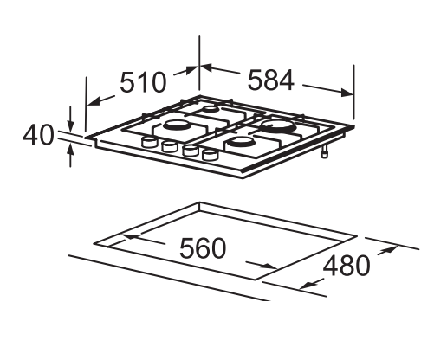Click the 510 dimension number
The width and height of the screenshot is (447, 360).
pyautogui.click(x=143, y=82)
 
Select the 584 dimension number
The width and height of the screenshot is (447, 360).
pyautogui.click(x=271, y=80)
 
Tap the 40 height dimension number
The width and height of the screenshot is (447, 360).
pyautogui.click(x=38, y=135)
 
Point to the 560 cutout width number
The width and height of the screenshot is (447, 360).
pyautogui.click(x=203, y=248)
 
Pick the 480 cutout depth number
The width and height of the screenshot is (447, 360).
pyautogui.click(x=347, y=266)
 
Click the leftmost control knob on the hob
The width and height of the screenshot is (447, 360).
pyautogui.click(x=149, y=142)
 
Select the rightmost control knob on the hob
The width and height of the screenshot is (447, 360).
pyautogui.click(x=210, y=154)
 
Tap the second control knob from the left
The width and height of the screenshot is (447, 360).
pyautogui.click(x=170, y=146)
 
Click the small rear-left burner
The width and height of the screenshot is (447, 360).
pyautogui.click(x=210, y=109)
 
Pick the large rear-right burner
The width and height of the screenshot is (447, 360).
pyautogui.click(x=278, y=126)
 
